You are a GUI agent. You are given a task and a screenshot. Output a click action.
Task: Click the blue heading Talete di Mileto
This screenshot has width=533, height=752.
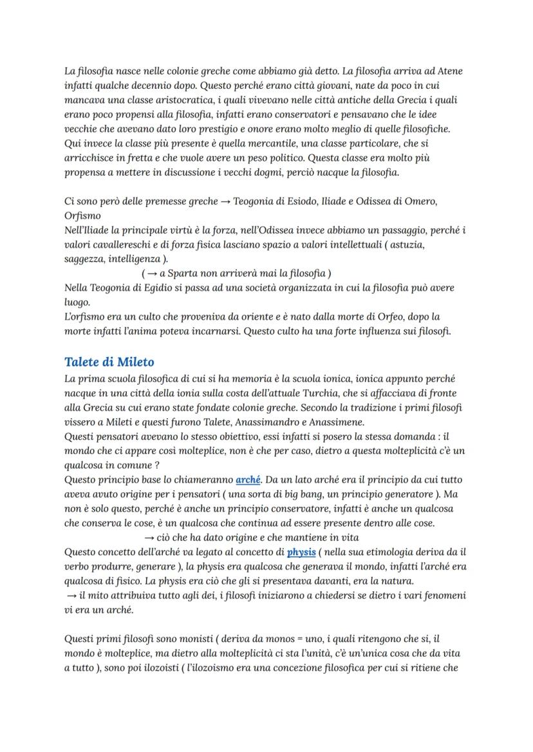109,362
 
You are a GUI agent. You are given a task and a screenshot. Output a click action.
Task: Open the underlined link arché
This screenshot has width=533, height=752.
248,479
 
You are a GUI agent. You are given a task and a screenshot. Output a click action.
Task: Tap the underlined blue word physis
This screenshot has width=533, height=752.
300,551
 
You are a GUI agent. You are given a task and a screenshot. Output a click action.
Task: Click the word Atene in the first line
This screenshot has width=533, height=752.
449,71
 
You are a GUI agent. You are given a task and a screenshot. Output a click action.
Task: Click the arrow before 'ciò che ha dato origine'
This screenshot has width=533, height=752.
149,537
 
